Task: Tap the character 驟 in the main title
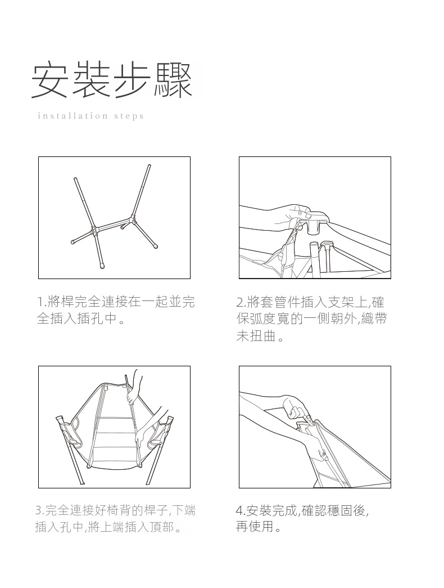pos(173,81)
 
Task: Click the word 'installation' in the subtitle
pos(70,116)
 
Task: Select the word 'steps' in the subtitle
pos(129,116)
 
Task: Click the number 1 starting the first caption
pos(40,302)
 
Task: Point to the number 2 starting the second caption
pos(240,302)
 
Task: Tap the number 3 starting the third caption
pos(39,510)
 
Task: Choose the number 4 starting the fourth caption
pos(239,510)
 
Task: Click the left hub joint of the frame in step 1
pos(94,231)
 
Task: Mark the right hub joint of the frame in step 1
pos(132,219)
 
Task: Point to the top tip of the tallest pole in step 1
pos(149,165)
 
